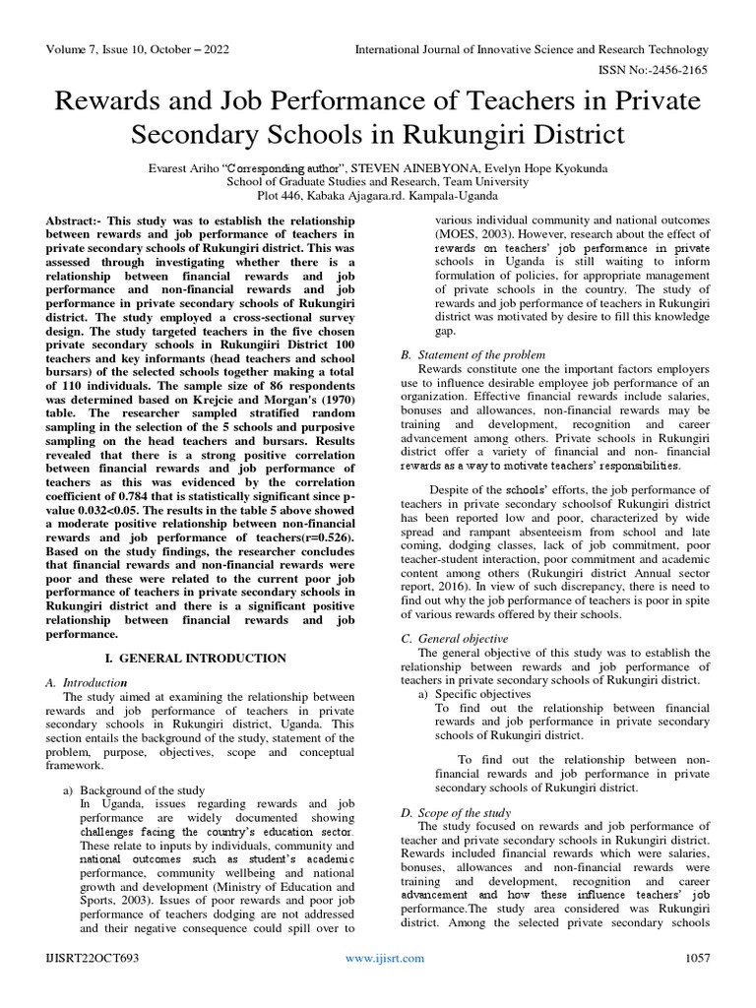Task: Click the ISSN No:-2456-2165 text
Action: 649,70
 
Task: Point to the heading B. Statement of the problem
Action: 471,354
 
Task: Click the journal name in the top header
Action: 531,49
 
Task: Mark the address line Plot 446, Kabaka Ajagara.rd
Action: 377,198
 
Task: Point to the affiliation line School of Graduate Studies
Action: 377,182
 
